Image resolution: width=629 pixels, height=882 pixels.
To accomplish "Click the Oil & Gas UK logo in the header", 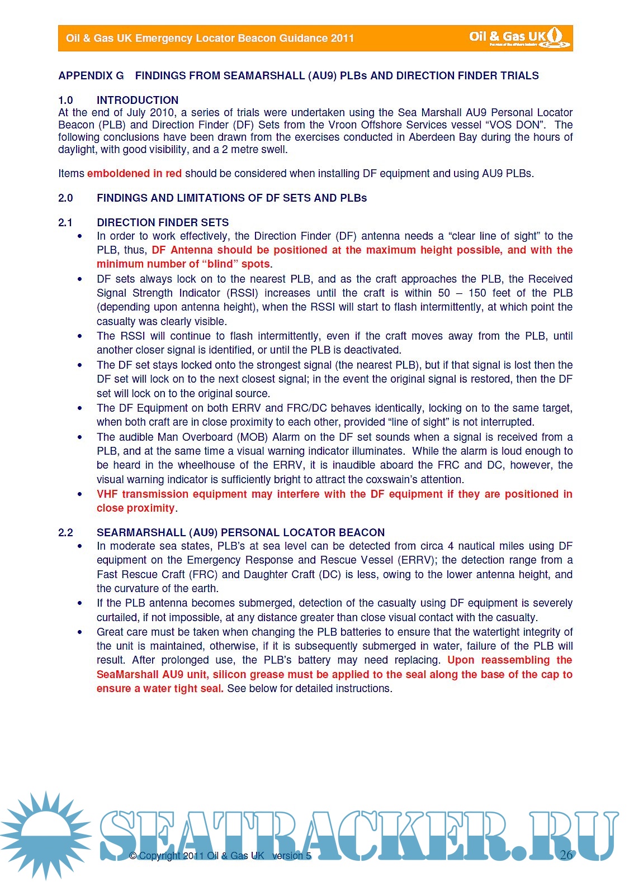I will point(519,38).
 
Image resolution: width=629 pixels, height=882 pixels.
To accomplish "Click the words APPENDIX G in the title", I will point(91,76).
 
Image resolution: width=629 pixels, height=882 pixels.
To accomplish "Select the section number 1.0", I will point(65,101).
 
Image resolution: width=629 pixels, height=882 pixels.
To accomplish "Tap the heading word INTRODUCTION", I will point(138,101).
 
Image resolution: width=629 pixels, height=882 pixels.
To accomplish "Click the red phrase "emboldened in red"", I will point(134,174).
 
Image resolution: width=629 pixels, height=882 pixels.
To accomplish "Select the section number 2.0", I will point(65,198).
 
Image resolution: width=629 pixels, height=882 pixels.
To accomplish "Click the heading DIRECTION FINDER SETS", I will point(163,223).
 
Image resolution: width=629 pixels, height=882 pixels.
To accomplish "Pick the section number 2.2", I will point(65,533).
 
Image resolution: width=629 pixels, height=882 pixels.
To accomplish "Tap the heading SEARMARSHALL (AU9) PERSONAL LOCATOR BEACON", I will point(240,533).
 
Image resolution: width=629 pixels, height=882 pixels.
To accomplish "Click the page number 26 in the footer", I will point(566,855).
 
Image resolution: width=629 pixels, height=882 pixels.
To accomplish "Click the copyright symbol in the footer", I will point(133,856).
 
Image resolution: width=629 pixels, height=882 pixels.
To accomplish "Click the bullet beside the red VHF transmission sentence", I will point(80,494).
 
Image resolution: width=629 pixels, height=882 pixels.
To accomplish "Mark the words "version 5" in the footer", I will point(291,856).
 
